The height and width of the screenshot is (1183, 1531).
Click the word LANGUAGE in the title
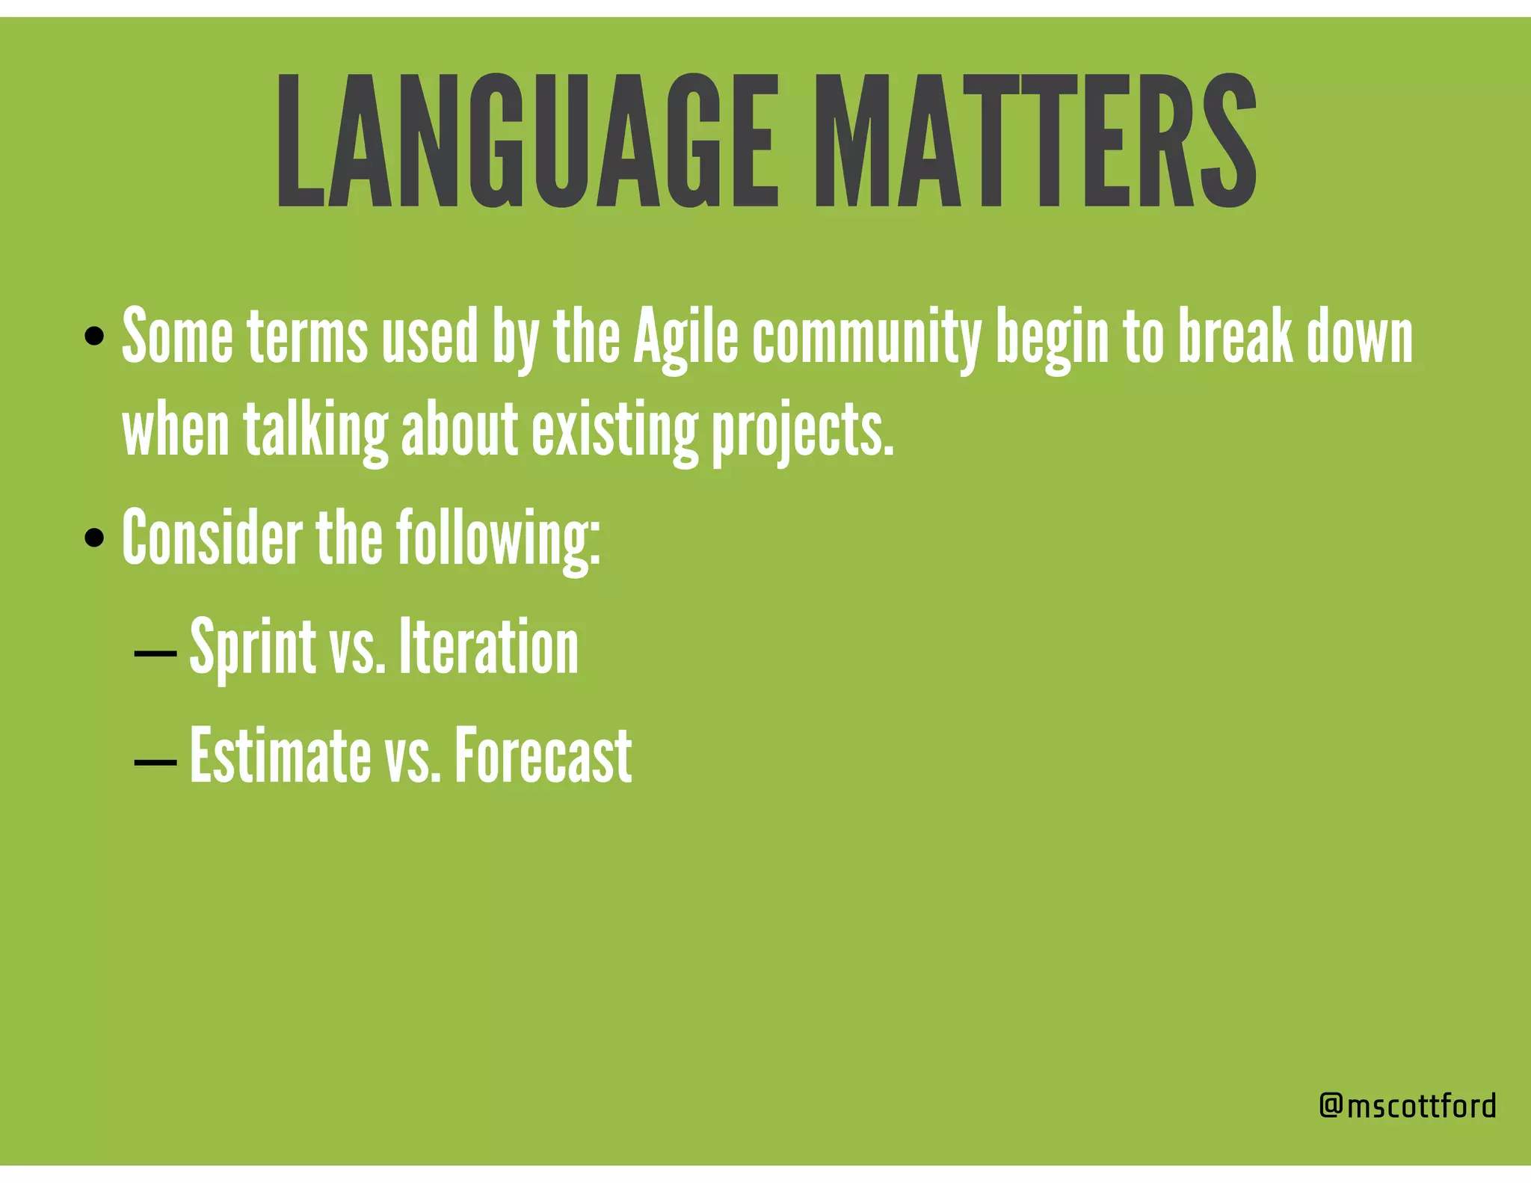click(527, 141)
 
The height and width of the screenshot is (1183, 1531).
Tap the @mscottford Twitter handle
click(1408, 1105)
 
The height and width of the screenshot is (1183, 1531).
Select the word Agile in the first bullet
click(686, 338)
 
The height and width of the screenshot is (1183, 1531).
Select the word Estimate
click(280, 755)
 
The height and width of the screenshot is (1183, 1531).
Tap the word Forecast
click(543, 755)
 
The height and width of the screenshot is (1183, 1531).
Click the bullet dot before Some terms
click(94, 337)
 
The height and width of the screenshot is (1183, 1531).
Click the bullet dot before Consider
click(94, 537)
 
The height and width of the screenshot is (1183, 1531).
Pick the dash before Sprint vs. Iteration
click(155, 653)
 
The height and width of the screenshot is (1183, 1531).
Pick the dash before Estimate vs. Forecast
click(155, 762)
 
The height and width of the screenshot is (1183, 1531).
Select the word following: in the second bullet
click(498, 537)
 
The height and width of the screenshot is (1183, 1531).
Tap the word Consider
click(212, 537)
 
